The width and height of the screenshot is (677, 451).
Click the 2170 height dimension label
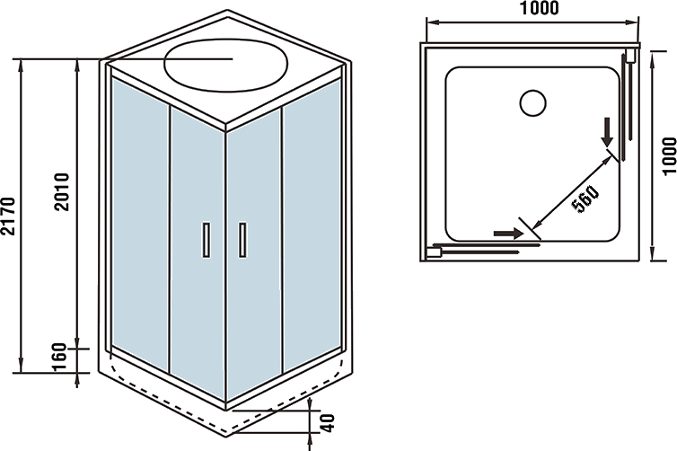pyautogui.click(x=9, y=216)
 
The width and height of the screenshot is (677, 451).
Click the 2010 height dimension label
pyautogui.click(x=62, y=191)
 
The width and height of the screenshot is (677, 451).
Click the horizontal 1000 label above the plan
pyautogui.click(x=537, y=9)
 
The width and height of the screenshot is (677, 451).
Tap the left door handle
pyautogui.click(x=207, y=240)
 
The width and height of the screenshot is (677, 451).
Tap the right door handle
pyautogui.click(x=242, y=240)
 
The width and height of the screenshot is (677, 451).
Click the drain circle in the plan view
pyautogui.click(x=532, y=102)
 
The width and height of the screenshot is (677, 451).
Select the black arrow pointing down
pyautogui.click(x=609, y=132)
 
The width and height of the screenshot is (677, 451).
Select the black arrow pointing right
pyautogui.click(x=507, y=234)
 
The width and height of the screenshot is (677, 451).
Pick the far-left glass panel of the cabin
pyautogui.click(x=140, y=216)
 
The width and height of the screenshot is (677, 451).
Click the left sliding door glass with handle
pyautogui.click(x=197, y=261)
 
